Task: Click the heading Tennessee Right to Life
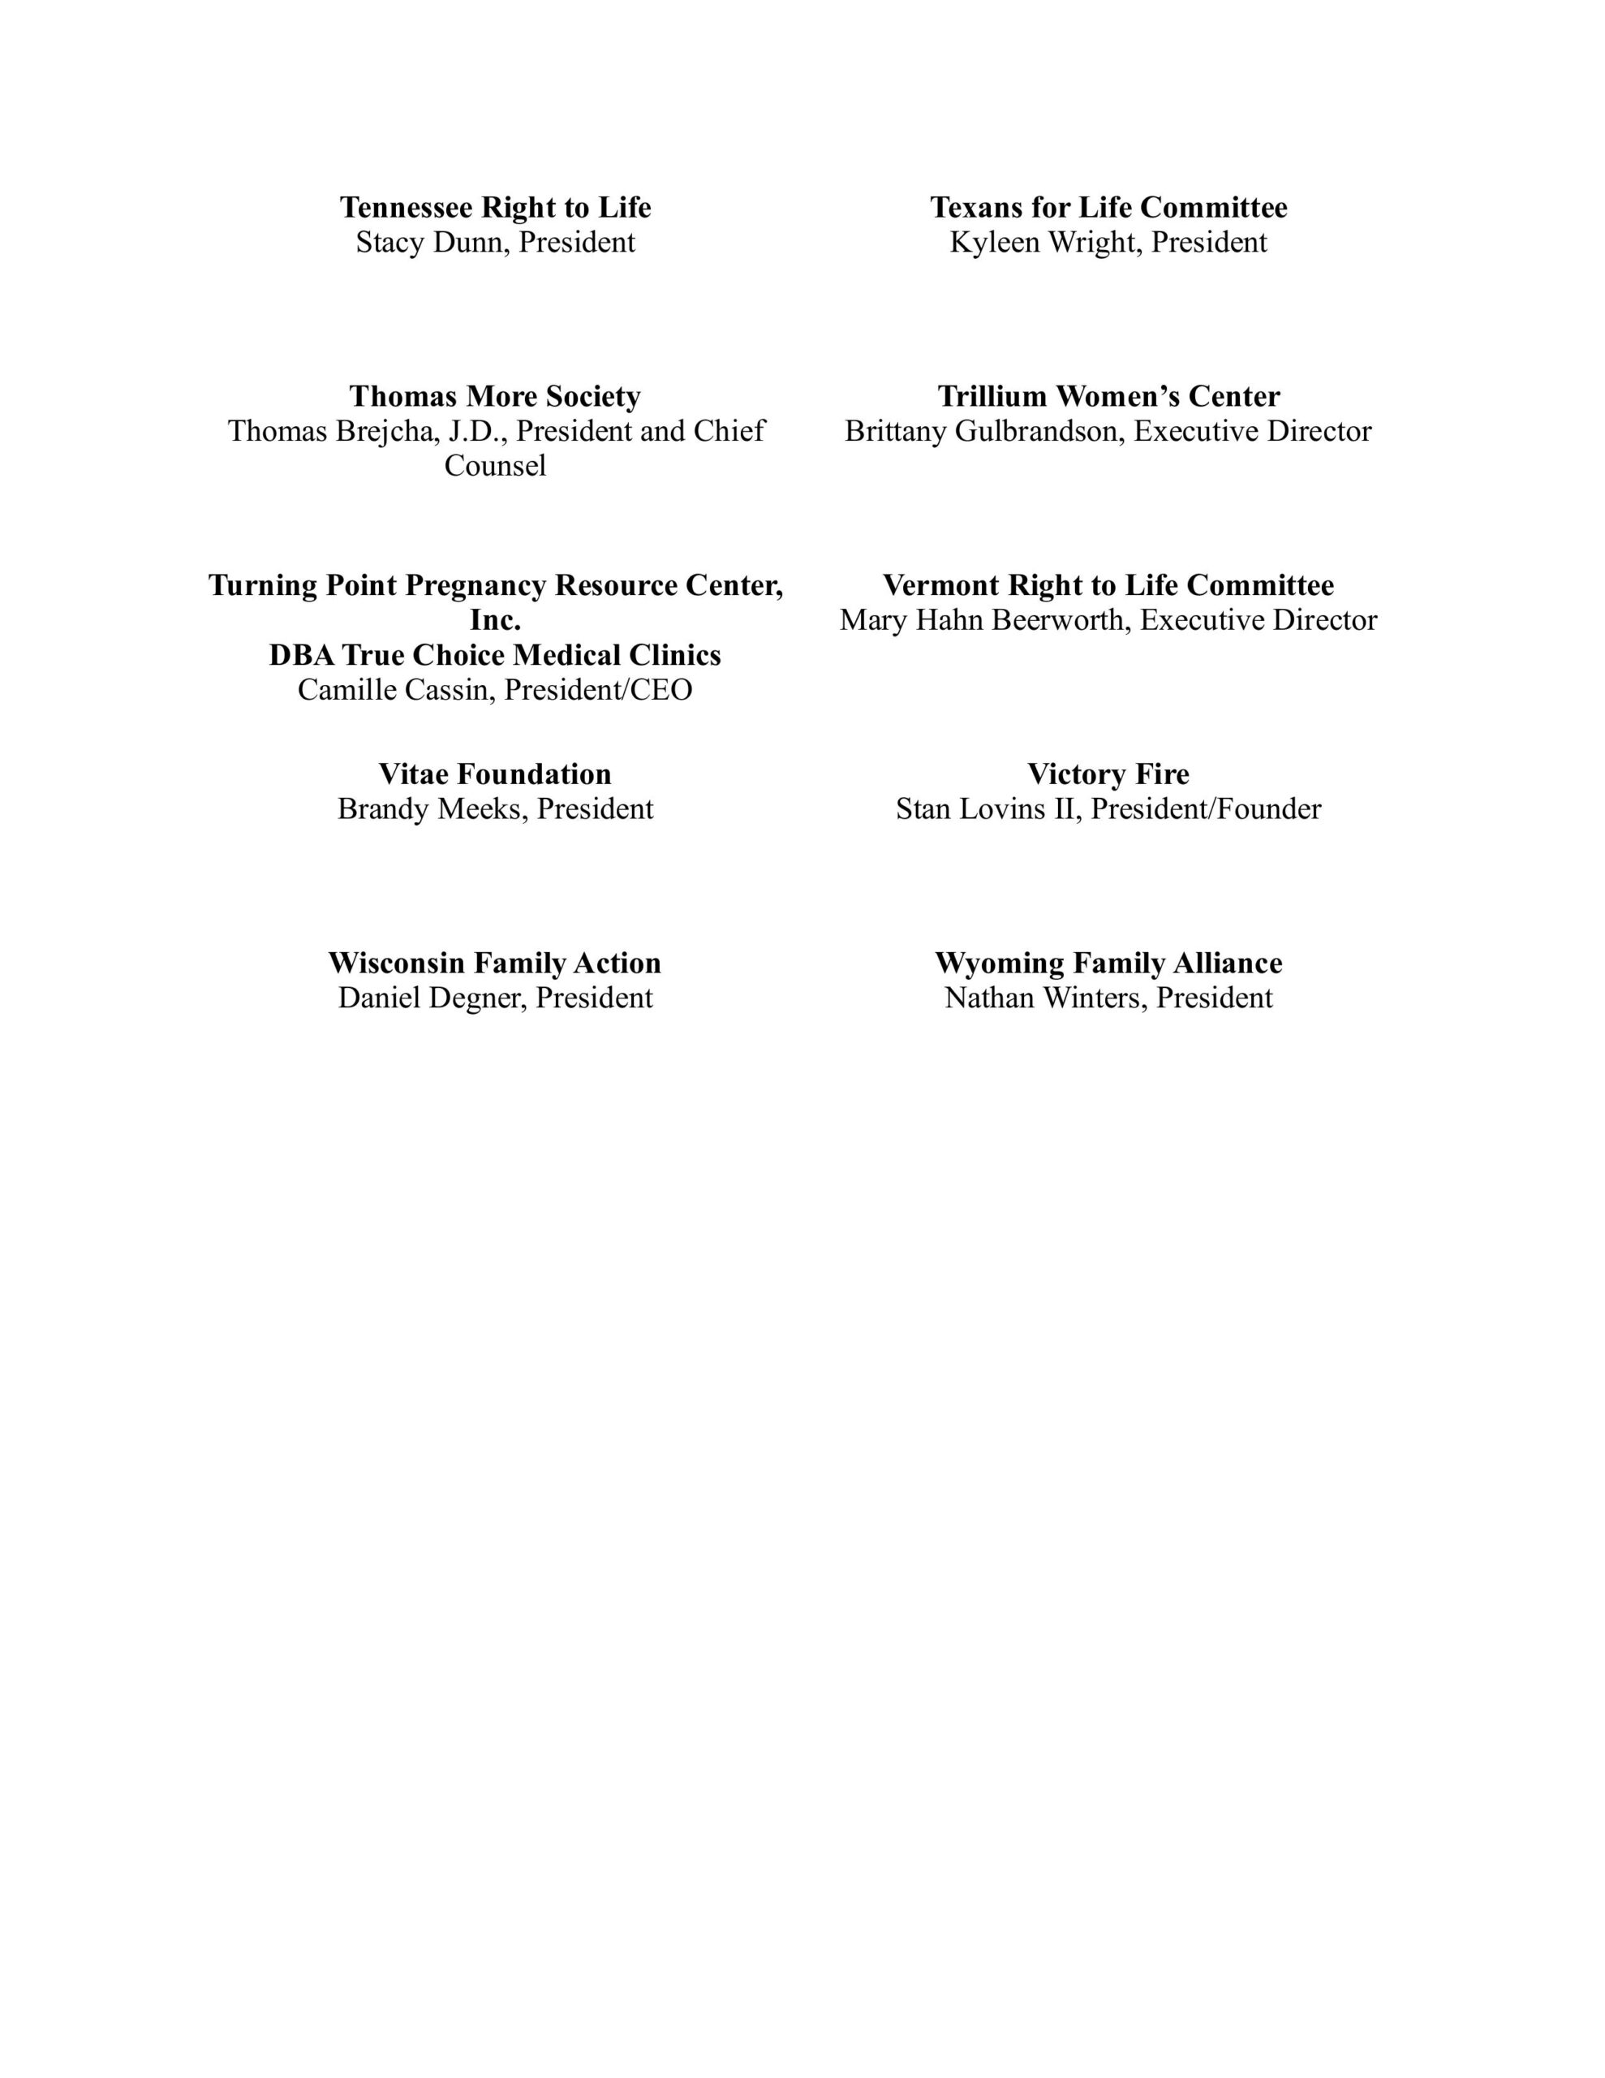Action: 495,208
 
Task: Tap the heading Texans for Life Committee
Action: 1108,208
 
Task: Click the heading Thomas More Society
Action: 495,396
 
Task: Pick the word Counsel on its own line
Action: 495,466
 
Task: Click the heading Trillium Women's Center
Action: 1108,396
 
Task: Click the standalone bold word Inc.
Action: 495,620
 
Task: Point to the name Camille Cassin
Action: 396,690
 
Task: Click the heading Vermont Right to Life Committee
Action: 1108,585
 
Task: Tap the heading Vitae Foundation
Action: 495,774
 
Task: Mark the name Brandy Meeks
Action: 432,808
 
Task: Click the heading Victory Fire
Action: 1108,774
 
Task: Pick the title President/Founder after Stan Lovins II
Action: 1206,808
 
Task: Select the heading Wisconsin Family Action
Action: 495,963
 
